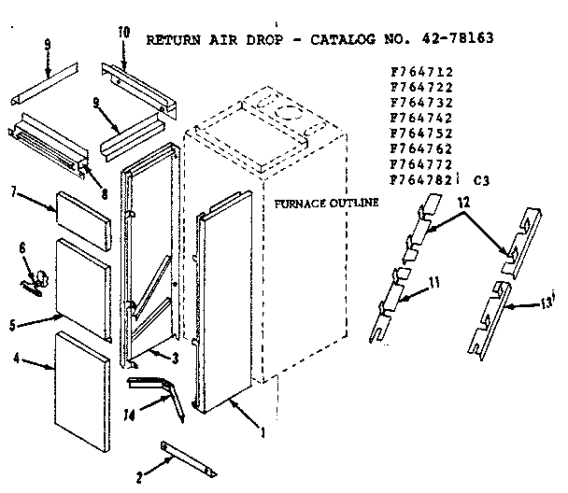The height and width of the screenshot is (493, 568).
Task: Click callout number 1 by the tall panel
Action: point(263,432)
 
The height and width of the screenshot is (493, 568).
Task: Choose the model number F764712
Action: point(416,70)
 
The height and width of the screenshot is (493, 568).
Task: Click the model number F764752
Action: point(416,131)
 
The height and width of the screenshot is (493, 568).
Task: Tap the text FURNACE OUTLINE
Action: point(326,203)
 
